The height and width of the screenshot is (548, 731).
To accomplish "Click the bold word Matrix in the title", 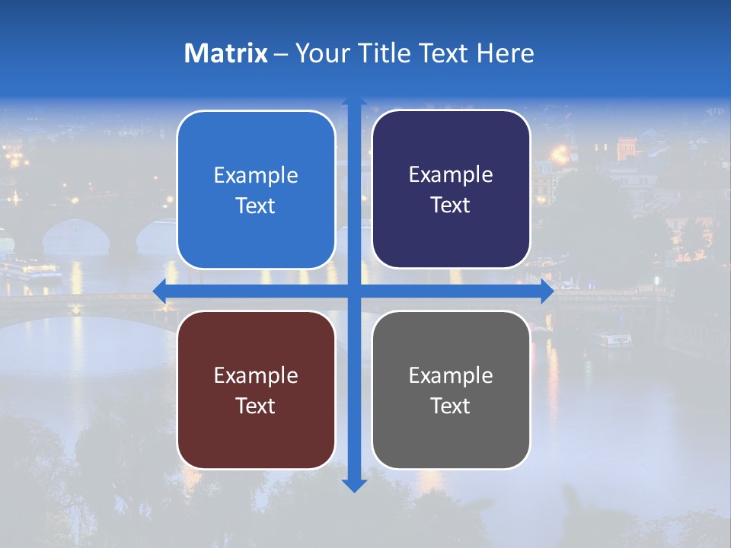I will [226, 53].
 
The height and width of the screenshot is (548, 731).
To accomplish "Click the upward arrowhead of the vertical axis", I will [354, 101].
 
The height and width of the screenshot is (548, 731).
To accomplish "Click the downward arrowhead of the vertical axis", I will [354, 485].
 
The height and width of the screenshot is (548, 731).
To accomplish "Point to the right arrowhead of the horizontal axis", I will [547, 292].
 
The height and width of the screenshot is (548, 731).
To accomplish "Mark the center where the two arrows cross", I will [354, 292].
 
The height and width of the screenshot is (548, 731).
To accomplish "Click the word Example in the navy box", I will [451, 175].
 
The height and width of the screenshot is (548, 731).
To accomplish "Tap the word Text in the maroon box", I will [256, 406].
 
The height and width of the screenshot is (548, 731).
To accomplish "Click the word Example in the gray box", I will [451, 375].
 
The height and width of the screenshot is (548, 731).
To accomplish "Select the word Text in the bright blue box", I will [256, 205].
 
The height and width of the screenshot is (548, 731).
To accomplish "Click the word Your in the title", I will [320, 53].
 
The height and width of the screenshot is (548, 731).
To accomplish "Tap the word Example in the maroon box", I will [256, 375].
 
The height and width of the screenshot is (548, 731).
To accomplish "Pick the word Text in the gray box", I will [451, 406].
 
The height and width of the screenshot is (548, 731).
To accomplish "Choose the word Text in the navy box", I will [451, 205].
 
